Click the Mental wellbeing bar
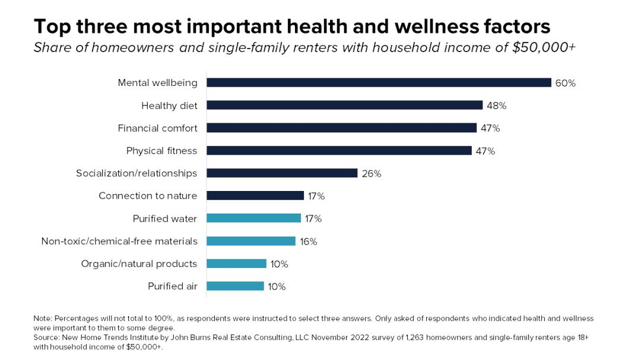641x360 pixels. click(379, 82)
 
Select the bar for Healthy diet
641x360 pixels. click(344, 105)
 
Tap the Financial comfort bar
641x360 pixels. click(341, 128)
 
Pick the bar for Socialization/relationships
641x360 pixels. click(282, 173)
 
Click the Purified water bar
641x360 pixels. click(253, 218)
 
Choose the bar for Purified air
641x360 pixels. click(235, 286)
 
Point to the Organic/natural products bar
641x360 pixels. click(236, 263)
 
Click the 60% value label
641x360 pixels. click(565, 83)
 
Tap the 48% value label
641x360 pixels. click(496, 106)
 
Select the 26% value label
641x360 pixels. click(371, 174)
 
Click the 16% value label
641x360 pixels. click(308, 241)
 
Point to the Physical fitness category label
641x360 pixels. click(161, 151)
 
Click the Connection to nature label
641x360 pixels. click(148, 196)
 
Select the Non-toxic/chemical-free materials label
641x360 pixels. click(119, 241)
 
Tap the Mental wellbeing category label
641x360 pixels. click(157, 83)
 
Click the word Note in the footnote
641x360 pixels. click(43, 319)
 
